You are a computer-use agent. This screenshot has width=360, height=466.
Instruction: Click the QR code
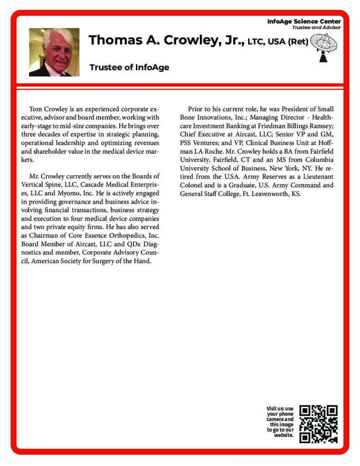[319, 424]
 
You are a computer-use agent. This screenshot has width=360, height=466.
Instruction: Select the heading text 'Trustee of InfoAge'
[129, 67]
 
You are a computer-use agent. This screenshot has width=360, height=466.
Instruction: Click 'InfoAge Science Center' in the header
[304, 21]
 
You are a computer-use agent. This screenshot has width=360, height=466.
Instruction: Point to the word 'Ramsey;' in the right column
[320, 126]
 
